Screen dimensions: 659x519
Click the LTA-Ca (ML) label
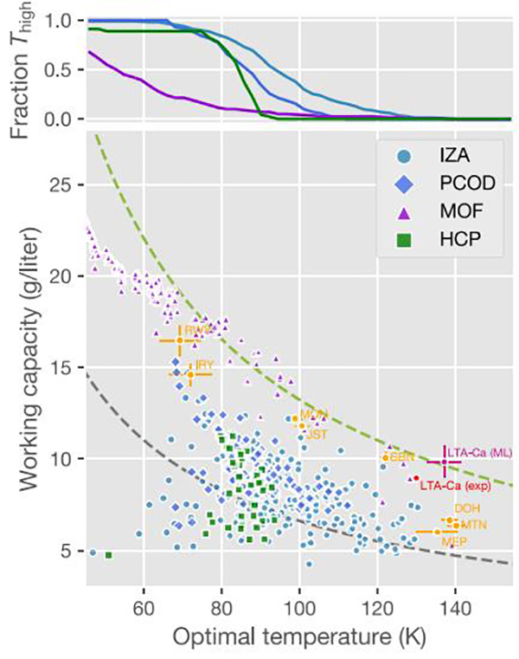[479, 451]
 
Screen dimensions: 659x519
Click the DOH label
[465, 508]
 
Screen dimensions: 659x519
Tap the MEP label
[455, 541]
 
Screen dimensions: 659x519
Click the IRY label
[204, 365]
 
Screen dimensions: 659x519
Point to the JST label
[317, 435]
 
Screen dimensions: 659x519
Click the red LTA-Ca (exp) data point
[415, 478]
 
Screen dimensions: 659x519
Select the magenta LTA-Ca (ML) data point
[444, 462]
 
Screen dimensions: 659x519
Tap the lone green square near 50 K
[108, 554]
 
